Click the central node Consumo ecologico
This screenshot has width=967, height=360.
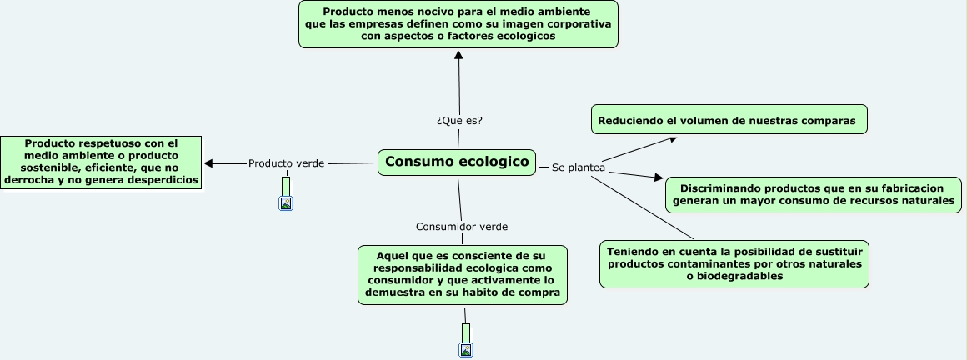point(458,162)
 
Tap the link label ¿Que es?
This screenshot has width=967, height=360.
point(459,120)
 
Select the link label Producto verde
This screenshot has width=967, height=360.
point(286,163)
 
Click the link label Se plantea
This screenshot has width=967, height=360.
point(578,167)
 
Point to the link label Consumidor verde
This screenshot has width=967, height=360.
point(461,227)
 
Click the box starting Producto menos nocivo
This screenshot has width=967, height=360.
point(458,24)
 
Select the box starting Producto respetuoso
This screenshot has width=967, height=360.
point(101,162)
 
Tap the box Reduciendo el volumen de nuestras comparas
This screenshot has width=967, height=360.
point(729,120)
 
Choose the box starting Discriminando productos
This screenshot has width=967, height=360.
point(814,194)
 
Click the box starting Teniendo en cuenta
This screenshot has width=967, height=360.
point(734,263)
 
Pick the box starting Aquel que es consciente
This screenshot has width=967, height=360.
point(463,274)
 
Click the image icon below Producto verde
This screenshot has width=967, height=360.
point(286,202)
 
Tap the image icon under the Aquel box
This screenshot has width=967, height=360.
point(466,350)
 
